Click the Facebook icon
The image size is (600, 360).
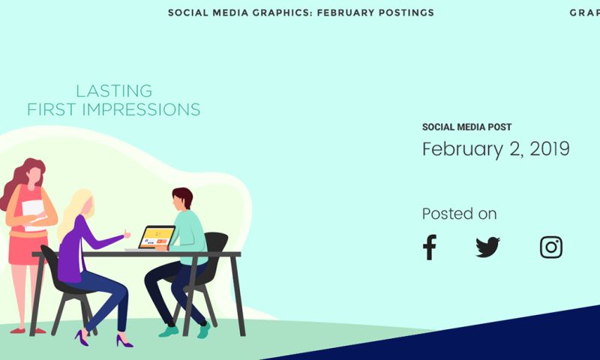pos(429,247)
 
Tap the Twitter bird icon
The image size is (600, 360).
pos(487,247)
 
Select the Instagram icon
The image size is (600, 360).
pos(551,247)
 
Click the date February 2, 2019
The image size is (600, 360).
pos(496,149)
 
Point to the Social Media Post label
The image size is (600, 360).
pos(466,127)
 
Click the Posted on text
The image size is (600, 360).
pos(459,214)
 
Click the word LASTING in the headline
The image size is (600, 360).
pos(114,91)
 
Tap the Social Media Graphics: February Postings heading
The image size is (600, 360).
pos(301,13)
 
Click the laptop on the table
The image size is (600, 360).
pos(157,237)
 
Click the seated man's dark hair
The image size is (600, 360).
pos(182,196)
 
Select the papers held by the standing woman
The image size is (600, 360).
pos(33,213)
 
